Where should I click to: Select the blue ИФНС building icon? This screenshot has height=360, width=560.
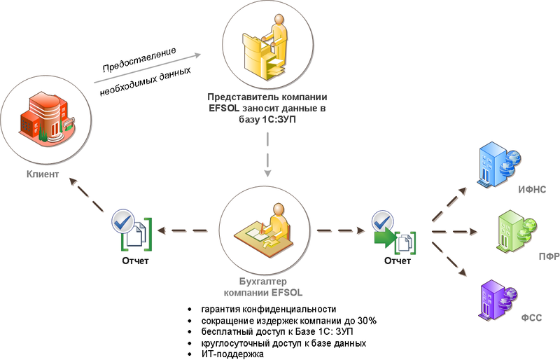[498, 162]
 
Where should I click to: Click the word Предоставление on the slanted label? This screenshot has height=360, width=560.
[139, 60]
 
